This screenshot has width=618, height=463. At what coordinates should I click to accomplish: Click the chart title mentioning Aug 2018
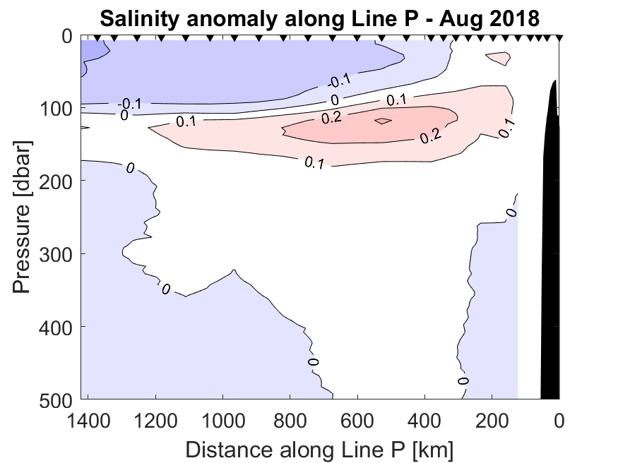(x=319, y=17)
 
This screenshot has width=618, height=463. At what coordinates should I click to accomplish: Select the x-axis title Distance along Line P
(x=319, y=448)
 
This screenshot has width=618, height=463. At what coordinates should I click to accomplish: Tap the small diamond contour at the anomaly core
(x=382, y=121)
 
